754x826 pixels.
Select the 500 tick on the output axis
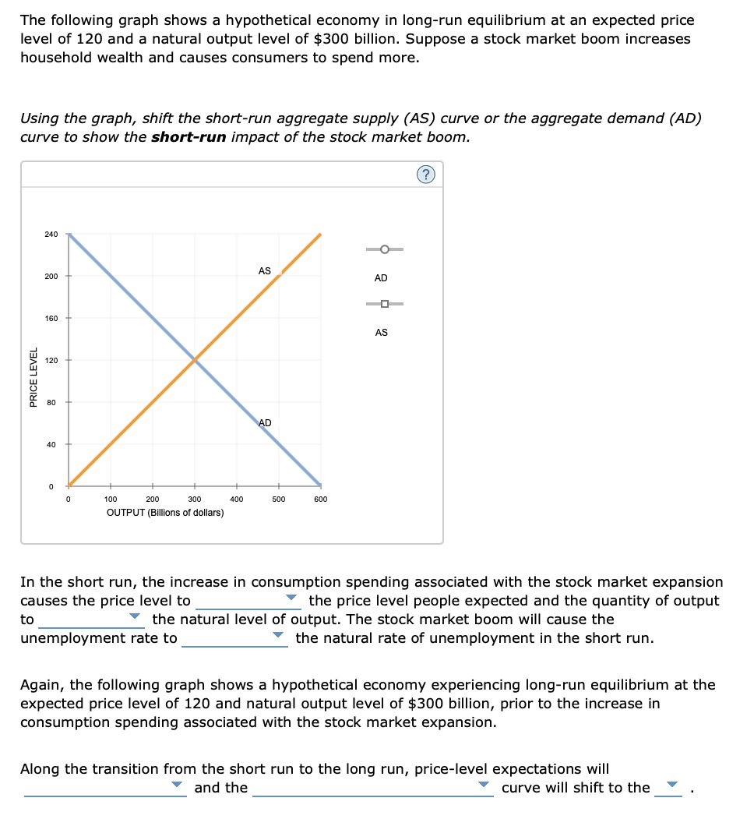(x=279, y=499)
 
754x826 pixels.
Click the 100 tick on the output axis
(x=111, y=499)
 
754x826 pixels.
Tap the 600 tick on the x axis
(x=321, y=499)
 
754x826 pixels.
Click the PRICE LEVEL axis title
(x=33, y=377)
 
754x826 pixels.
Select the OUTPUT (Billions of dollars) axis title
(x=165, y=512)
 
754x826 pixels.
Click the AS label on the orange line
(x=265, y=271)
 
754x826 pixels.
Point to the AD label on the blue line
(x=265, y=422)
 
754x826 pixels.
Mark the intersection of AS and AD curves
(x=195, y=360)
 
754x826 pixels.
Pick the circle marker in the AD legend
(x=385, y=249)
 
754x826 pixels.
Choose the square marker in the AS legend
(x=385, y=304)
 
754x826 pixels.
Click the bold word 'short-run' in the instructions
(x=189, y=137)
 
